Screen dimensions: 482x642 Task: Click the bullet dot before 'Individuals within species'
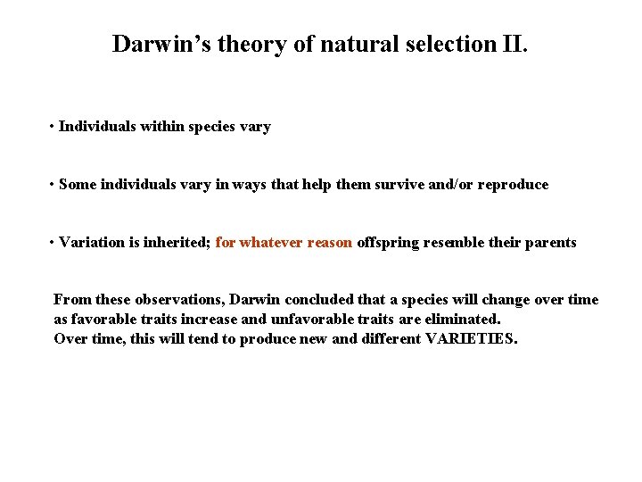pyautogui.click(x=53, y=127)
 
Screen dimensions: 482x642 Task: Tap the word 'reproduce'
pyautogui.click(x=513, y=185)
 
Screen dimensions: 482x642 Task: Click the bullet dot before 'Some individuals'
pyautogui.click(x=53, y=185)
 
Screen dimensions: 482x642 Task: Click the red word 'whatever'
pyautogui.click(x=271, y=243)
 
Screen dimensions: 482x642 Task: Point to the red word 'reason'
pyautogui.click(x=330, y=243)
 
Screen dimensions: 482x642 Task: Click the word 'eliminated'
pyautogui.click(x=464, y=319)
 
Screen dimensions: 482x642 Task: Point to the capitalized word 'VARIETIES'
pyautogui.click(x=470, y=338)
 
